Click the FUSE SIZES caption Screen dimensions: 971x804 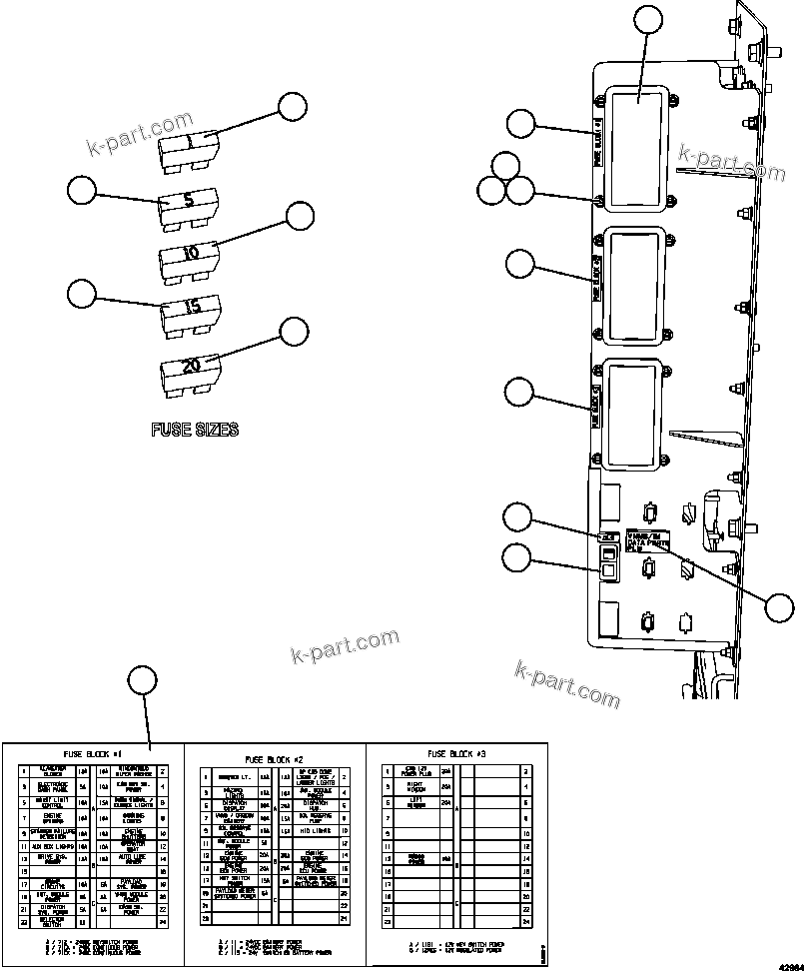(x=195, y=431)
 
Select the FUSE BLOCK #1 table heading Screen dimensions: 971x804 (x=92, y=754)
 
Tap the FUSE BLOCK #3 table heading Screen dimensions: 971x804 (x=455, y=754)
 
